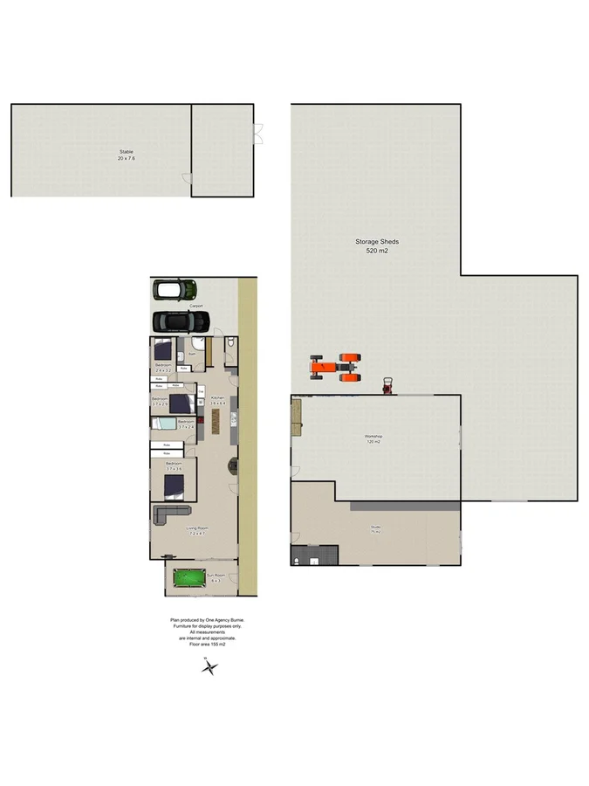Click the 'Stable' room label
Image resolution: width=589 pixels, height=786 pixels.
(x=127, y=152)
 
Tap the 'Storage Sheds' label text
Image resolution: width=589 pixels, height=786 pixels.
(x=377, y=242)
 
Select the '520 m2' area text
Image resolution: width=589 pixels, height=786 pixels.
(x=377, y=251)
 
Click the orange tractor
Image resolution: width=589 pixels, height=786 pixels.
(x=336, y=367)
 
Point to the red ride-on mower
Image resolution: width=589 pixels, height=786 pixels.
(x=387, y=385)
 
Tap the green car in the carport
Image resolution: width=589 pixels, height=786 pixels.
(x=174, y=290)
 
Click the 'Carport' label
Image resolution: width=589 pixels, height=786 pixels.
(x=196, y=307)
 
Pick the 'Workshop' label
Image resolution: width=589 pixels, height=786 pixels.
(x=373, y=436)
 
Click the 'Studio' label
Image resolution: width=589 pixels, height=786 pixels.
(x=376, y=527)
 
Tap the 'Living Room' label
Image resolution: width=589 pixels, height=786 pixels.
(x=196, y=527)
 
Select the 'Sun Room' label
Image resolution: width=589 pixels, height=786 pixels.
(x=215, y=575)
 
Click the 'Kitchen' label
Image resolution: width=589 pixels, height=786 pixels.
(x=218, y=398)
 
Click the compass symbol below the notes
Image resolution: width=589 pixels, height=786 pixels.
(x=209, y=668)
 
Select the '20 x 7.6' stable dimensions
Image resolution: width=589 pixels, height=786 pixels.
(x=127, y=159)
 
